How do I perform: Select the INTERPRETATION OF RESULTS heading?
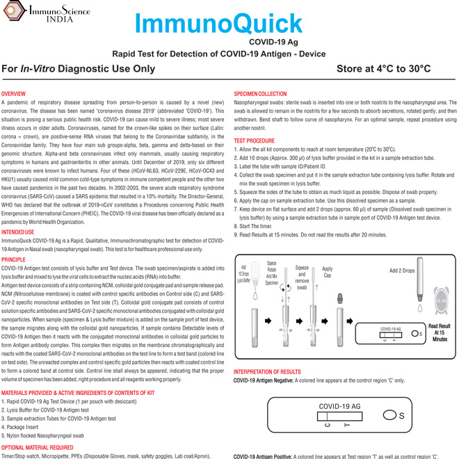coord(267,372)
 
